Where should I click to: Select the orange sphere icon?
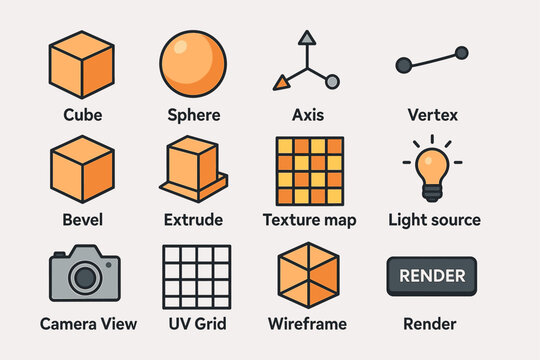pos(194,61)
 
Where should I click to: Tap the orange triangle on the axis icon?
pos(284,84)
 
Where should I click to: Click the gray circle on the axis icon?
pos(332,81)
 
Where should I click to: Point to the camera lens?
pos(84,276)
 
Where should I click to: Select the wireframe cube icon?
pos(308,274)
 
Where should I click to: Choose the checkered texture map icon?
pos(308,168)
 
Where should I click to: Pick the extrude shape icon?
pos(194,168)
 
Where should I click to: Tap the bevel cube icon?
pos(82,168)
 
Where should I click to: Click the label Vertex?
pos(432,115)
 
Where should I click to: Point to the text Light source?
pos(434,220)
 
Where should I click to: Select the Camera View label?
pos(88,324)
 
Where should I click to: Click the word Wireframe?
pos(308,324)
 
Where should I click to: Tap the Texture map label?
pos(308,220)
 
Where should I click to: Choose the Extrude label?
pos(194,220)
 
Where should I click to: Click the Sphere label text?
pos(194,115)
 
